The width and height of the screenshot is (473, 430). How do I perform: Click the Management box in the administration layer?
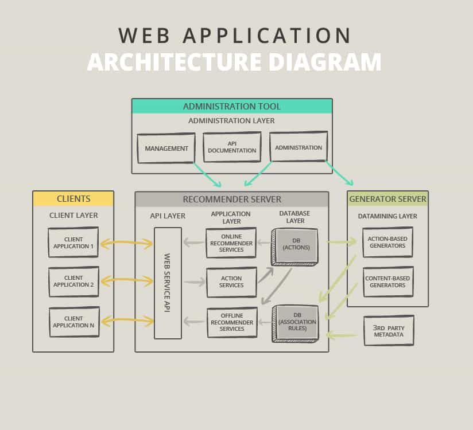[166, 148]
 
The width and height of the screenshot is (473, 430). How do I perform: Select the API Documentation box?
[232, 147]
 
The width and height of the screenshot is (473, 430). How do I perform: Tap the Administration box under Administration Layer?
[298, 147]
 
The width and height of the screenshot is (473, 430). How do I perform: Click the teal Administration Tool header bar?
[232, 106]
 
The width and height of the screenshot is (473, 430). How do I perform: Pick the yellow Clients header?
[73, 199]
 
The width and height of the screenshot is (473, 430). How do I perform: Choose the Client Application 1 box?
[73, 243]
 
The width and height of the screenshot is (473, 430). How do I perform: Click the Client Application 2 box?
[73, 282]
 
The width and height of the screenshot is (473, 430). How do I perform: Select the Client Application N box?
[73, 322]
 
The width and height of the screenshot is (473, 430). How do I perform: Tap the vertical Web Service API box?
[168, 283]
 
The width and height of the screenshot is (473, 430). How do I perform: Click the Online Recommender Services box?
[231, 243]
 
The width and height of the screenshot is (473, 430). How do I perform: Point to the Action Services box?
[231, 282]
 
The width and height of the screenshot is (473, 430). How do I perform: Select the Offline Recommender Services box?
[231, 322]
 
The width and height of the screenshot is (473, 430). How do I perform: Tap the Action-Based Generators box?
[387, 243]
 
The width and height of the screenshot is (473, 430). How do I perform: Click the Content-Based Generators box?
[387, 282]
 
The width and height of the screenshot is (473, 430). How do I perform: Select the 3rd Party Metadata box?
[389, 330]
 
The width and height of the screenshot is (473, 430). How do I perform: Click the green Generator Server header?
[387, 199]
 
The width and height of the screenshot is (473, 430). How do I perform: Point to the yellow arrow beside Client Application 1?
[126, 244]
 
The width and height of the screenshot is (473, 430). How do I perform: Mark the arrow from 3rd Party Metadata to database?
[342, 334]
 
